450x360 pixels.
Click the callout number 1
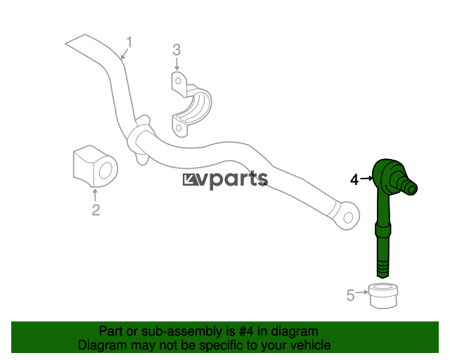129,42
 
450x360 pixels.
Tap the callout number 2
96,210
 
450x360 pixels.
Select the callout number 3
176,50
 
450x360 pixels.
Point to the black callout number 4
354,180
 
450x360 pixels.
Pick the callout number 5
350,295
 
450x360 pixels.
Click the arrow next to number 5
362,292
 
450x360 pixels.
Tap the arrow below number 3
176,64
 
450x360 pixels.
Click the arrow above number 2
94,195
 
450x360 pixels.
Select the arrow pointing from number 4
366,179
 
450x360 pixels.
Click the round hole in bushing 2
105,171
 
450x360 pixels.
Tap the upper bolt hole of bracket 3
178,81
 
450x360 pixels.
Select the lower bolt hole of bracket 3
179,127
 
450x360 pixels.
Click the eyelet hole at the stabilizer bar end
348,217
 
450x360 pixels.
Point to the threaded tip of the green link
382,269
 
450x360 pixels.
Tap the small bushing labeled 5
383,296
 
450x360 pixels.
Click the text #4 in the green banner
246,332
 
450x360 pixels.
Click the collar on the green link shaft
382,229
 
